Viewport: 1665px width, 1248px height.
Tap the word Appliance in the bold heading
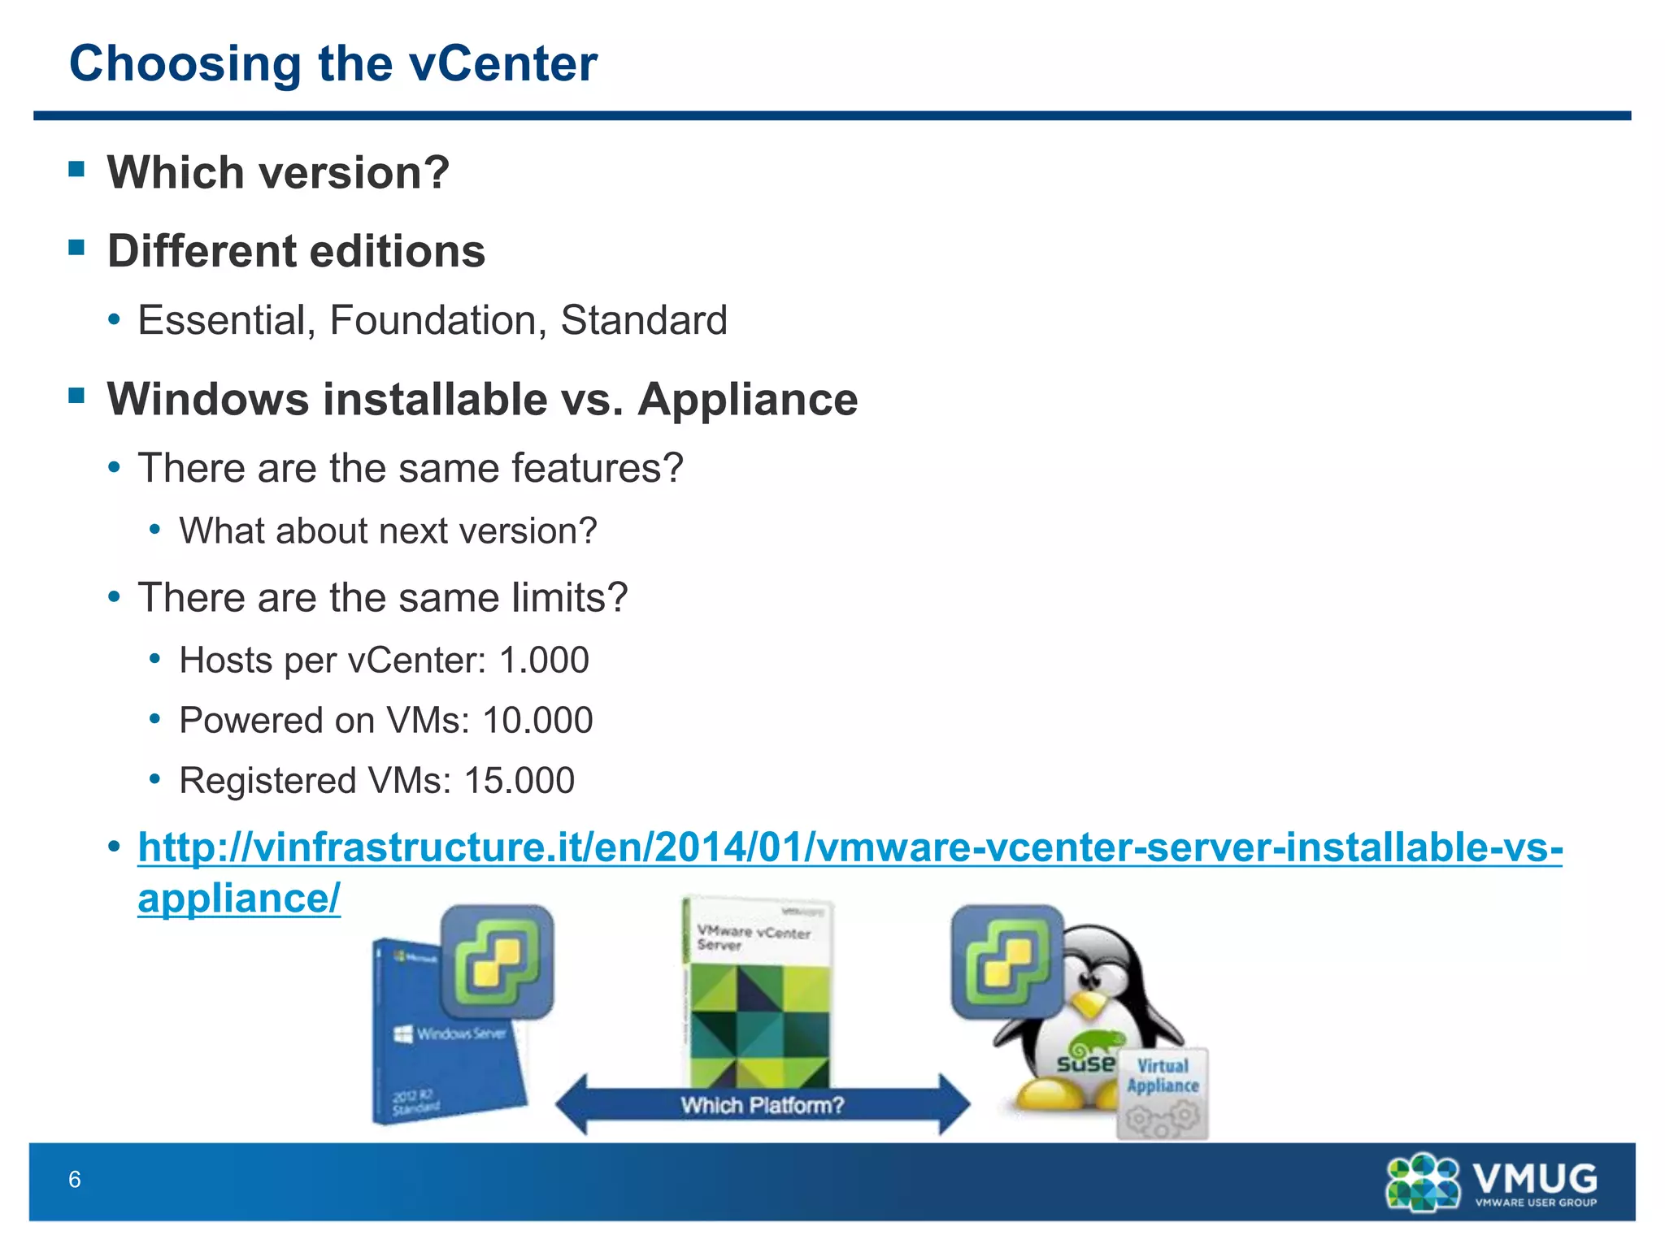pos(747,399)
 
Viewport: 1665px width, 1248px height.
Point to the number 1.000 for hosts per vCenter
pos(544,660)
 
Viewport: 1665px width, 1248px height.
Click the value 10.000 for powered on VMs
pos(537,720)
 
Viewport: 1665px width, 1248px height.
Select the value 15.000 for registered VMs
pos(519,780)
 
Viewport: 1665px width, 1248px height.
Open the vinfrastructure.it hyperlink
pos(850,847)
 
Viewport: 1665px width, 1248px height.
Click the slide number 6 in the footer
pos(75,1179)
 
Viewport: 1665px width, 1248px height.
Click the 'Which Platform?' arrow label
pos(762,1105)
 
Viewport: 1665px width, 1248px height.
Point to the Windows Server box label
pos(461,1033)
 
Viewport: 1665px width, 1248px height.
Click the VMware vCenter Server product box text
pos(754,938)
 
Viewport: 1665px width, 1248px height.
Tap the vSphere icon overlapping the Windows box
pos(498,962)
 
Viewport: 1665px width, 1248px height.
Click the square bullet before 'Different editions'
pos(77,247)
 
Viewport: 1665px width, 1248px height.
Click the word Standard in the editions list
pos(643,320)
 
